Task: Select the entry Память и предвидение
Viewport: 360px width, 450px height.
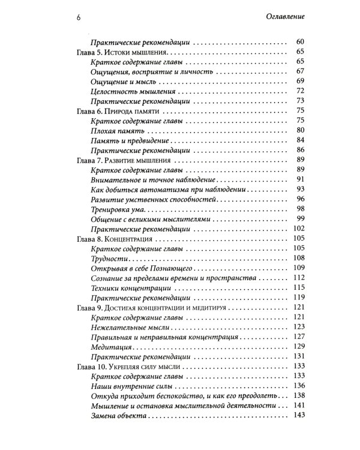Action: coord(128,140)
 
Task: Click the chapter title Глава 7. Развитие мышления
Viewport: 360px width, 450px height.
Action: coord(121,160)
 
